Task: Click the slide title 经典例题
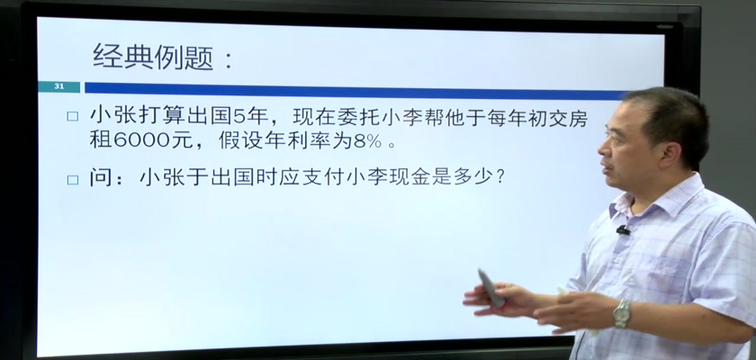[x=153, y=57]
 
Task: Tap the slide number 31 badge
[x=59, y=86]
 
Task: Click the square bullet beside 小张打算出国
[x=72, y=117]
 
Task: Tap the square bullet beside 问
[x=72, y=180]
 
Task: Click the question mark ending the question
[x=500, y=177]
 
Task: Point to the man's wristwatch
[x=622, y=313]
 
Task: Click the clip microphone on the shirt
[x=623, y=230]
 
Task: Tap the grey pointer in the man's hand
[x=490, y=288]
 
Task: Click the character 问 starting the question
[x=100, y=178]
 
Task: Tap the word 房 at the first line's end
[x=578, y=117]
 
